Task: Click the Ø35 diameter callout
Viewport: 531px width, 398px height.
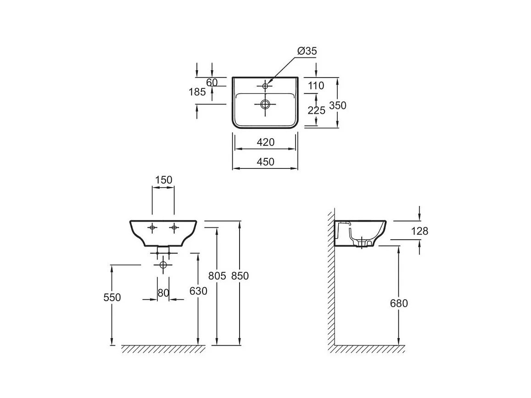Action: click(x=307, y=51)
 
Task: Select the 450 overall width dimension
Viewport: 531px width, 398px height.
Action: click(x=265, y=162)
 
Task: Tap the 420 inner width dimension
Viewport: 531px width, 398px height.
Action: click(x=265, y=142)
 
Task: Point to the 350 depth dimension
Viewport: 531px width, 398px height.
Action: click(x=338, y=105)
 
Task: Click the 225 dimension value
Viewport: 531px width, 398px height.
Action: click(x=316, y=110)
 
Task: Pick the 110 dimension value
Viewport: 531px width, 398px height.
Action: click(x=316, y=86)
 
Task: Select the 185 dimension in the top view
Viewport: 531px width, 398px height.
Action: click(x=197, y=92)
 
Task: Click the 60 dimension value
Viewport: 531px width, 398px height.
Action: click(x=212, y=82)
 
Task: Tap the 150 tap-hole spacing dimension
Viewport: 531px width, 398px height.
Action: click(x=163, y=180)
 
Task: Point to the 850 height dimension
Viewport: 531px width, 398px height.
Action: click(x=240, y=276)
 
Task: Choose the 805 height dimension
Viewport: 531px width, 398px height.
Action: click(x=217, y=276)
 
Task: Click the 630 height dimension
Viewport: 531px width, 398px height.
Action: click(x=198, y=291)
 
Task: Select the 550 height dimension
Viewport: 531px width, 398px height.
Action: click(x=112, y=297)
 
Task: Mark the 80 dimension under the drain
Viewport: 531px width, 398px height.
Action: click(x=163, y=293)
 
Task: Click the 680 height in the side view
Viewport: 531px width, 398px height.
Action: click(x=399, y=303)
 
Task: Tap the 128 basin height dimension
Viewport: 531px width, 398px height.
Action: click(x=419, y=231)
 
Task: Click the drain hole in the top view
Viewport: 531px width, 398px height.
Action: click(x=265, y=104)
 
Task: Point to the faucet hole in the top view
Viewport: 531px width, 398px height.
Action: click(x=265, y=86)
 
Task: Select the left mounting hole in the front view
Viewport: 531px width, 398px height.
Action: click(x=152, y=228)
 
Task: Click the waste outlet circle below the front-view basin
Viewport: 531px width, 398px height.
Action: click(x=163, y=265)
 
